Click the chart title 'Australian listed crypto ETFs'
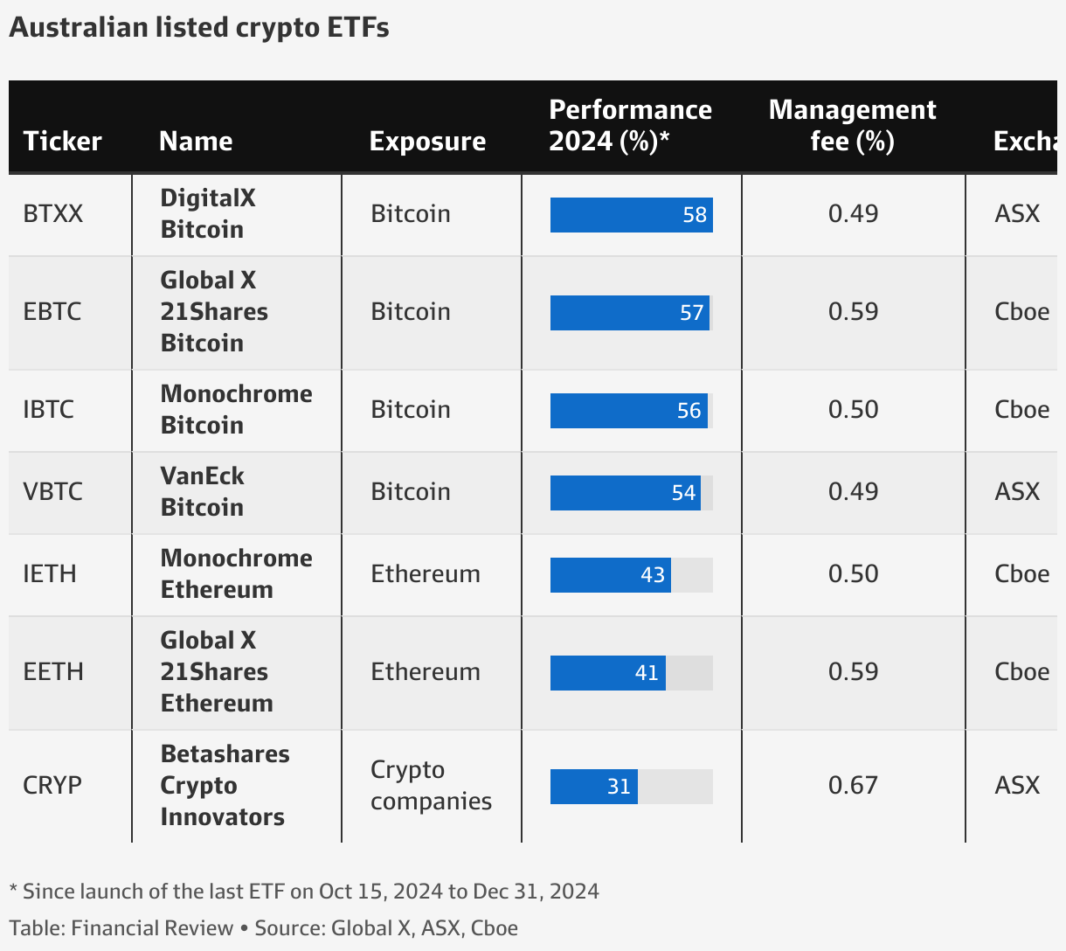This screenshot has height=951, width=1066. coord(199,28)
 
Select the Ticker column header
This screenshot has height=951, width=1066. coord(62,141)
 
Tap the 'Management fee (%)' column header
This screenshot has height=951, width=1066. coord(852,125)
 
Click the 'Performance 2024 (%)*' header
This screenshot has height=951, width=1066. coord(630,125)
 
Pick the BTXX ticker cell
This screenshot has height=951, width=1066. coord(52,214)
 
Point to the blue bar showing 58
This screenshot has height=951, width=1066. coord(631,215)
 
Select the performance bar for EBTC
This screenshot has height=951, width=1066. coord(629,313)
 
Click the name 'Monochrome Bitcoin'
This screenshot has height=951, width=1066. coord(236,409)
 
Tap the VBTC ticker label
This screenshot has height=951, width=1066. coord(52,491)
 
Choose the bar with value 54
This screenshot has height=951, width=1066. coord(625,493)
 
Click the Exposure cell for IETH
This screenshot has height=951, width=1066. coord(426,574)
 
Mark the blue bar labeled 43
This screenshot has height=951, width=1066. coord(610,575)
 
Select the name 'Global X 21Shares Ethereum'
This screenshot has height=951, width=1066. coord(216,671)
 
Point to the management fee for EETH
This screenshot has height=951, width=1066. coord(853,672)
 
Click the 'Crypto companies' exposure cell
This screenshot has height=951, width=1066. coord(431,785)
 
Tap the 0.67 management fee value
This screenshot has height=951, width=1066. coord(853,786)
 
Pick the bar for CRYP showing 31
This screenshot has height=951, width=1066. coord(594,787)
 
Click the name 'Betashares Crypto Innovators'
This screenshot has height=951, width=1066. coord(224,785)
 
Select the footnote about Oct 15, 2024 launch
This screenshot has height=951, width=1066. coord(304,892)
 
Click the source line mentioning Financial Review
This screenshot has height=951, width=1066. coord(264,928)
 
